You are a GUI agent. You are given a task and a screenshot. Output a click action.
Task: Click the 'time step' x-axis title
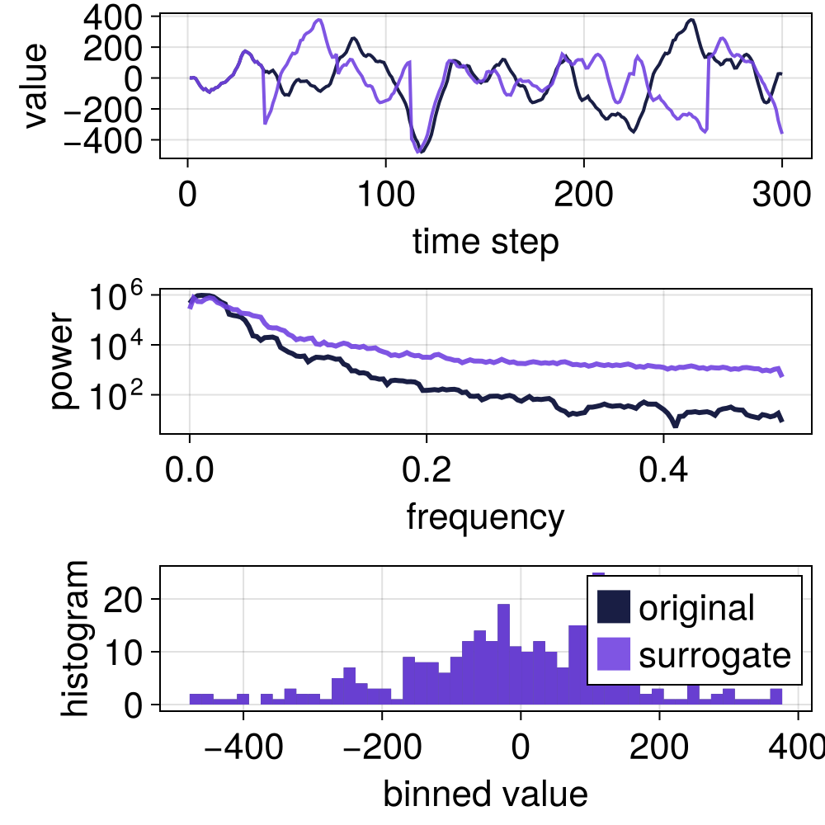pyautogui.click(x=485, y=242)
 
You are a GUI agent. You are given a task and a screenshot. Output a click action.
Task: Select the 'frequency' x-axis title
pyautogui.click(x=485, y=517)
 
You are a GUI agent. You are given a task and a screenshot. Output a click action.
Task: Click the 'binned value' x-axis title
pyautogui.click(x=485, y=793)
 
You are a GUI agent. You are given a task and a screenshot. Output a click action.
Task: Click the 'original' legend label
pyautogui.click(x=696, y=608)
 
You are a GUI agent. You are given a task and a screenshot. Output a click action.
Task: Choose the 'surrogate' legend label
pyautogui.click(x=714, y=655)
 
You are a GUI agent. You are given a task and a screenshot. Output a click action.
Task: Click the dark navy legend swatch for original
pyautogui.click(x=613, y=608)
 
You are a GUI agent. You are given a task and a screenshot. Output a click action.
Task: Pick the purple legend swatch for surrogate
pyautogui.click(x=613, y=655)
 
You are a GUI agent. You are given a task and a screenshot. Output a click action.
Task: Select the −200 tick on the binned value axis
pyautogui.click(x=381, y=751)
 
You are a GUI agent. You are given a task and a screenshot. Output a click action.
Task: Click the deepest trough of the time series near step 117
pyautogui.click(x=420, y=152)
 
